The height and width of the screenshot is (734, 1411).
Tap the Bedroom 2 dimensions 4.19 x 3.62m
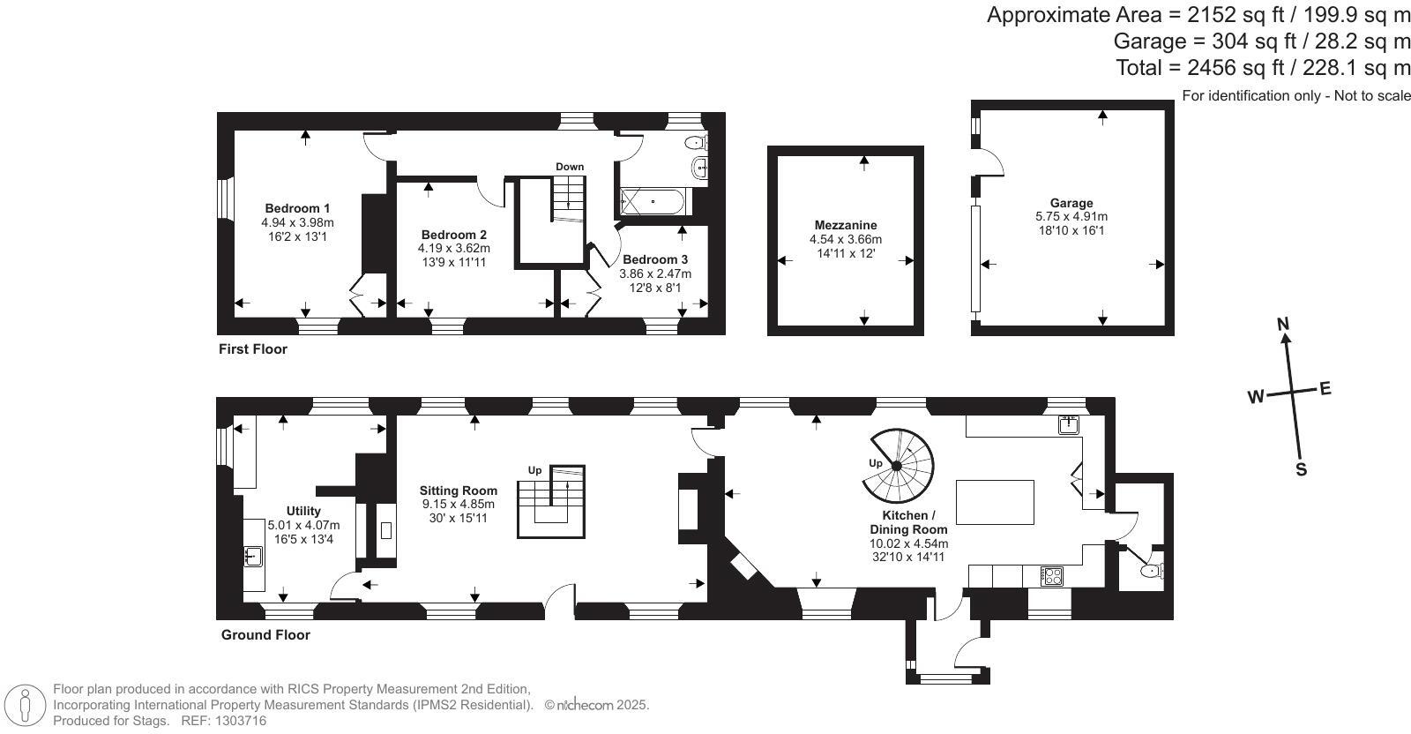pos(453,249)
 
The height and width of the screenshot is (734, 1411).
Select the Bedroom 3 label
pos(655,260)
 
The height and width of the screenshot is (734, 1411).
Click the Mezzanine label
pos(845,225)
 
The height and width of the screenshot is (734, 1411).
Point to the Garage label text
pos(1071,203)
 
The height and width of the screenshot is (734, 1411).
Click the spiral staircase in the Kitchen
pos(898,464)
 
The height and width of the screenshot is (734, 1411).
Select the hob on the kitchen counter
pos(1052,576)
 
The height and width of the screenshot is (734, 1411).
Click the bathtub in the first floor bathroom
pos(653,202)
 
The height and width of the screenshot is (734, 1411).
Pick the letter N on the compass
pos(1284,324)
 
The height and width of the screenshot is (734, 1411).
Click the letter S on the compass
pos(1301,469)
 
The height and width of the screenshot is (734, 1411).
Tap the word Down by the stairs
pos(570,167)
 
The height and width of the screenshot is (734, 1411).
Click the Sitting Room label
pos(458,491)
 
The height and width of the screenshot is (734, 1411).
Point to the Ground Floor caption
pos(265,634)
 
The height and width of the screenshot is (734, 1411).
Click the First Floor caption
pos(253,349)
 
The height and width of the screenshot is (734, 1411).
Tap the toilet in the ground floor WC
pos(1151,571)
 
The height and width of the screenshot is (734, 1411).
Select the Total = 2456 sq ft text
pos(1263,68)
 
